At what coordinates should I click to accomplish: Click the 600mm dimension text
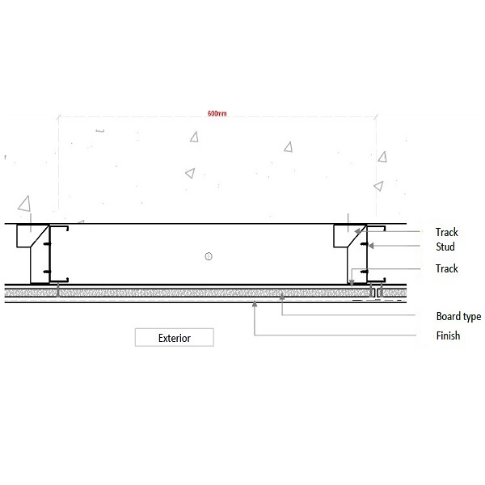click(x=217, y=113)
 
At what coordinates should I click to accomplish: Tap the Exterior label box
click(x=175, y=337)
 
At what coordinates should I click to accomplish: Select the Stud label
click(x=445, y=247)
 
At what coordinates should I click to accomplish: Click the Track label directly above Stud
click(x=447, y=232)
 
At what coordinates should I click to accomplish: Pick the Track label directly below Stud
click(x=447, y=268)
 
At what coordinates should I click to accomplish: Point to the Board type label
click(x=458, y=316)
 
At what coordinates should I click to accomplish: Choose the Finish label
click(x=448, y=335)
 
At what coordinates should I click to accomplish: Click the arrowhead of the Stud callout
click(x=371, y=246)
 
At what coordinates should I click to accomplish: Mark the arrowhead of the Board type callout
click(x=282, y=297)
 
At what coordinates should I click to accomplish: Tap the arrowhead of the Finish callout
click(x=255, y=304)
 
